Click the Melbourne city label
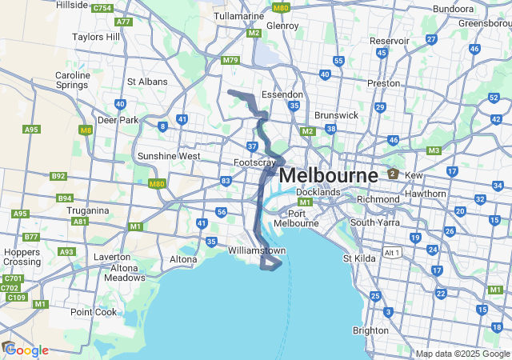329,174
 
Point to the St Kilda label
359,258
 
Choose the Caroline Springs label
73,81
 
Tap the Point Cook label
94,312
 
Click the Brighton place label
370,330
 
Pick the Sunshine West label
169,156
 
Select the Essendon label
282,94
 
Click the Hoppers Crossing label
22,256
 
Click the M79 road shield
230,60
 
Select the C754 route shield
102,8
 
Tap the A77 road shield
123,22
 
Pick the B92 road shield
58,176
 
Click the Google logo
26,350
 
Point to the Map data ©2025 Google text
462,354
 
